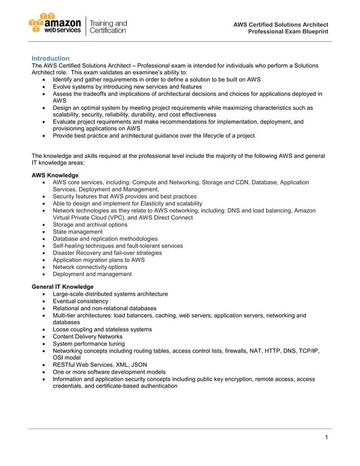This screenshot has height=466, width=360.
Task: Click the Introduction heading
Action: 51,58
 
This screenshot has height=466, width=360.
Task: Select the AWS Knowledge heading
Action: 55,175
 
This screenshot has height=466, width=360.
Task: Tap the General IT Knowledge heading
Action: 63,287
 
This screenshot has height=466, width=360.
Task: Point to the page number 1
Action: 327,438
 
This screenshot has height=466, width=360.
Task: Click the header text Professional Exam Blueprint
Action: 288,32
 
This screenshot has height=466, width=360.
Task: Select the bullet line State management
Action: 78,232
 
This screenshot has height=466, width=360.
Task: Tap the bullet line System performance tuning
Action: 89,344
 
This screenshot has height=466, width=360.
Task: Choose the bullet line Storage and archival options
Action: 90,225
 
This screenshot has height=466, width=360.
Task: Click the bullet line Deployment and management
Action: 93,274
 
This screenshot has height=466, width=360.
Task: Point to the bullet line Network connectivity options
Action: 90,267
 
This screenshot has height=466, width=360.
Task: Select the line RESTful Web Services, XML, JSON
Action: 100,364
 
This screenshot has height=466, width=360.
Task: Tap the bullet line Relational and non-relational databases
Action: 104,309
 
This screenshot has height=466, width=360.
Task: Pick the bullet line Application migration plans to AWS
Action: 99,260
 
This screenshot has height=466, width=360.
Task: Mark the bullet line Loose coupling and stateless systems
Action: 102,329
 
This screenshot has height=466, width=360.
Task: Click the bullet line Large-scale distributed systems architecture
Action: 110,294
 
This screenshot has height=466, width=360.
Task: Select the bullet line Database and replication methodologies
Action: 106,239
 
